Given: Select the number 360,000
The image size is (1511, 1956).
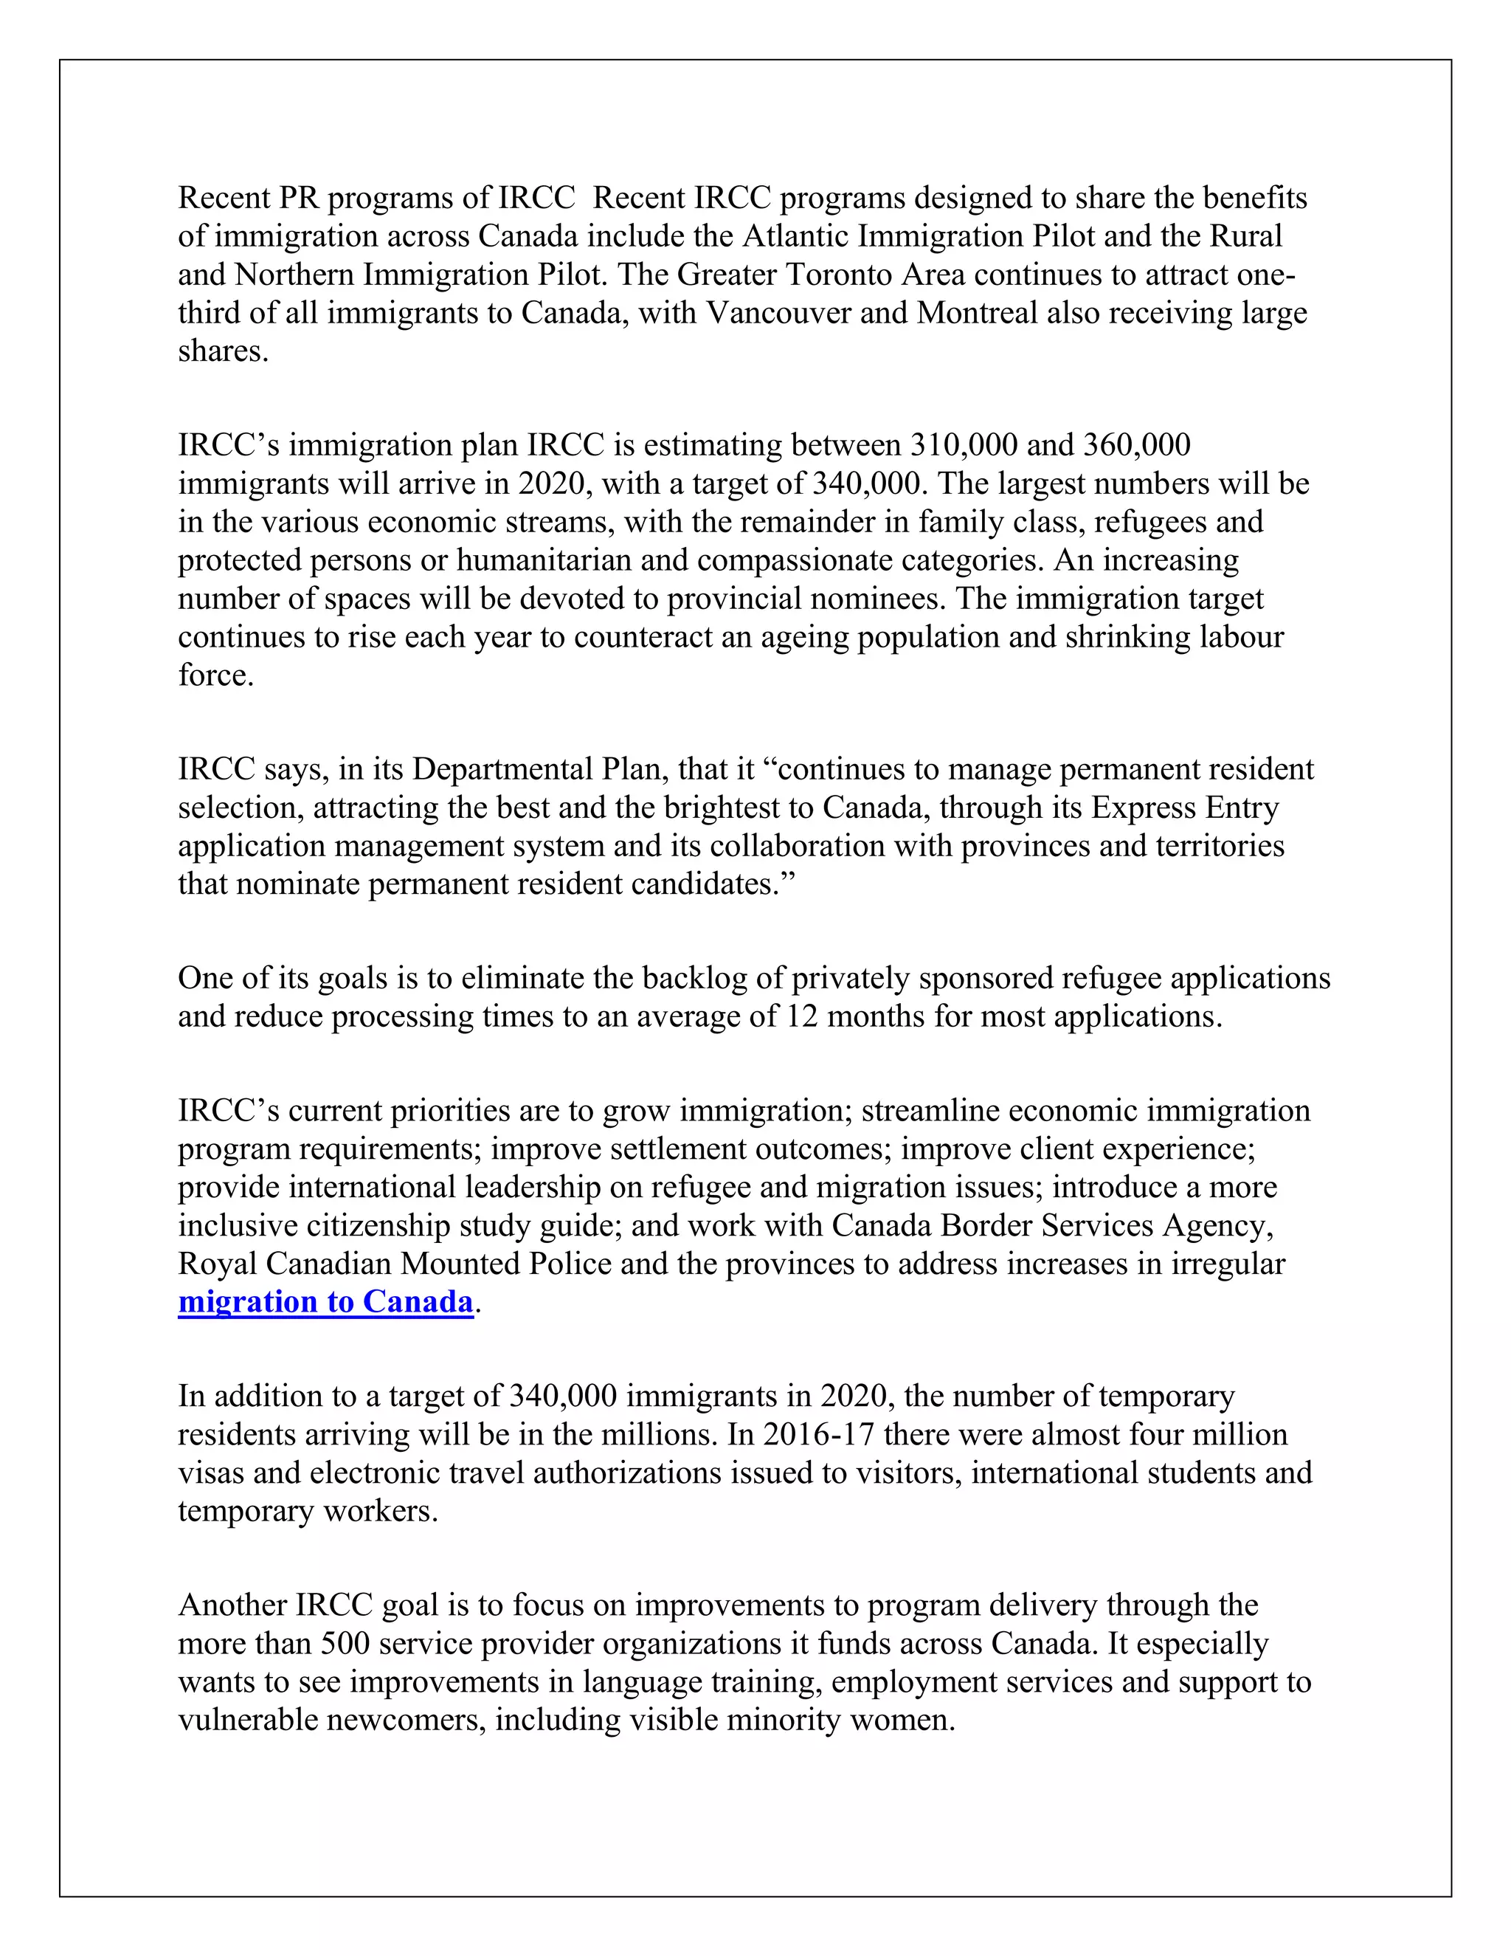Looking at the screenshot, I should [1136, 444].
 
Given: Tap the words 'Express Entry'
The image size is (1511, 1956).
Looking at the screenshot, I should [1184, 807].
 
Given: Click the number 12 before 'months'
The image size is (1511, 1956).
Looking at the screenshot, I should [802, 1016].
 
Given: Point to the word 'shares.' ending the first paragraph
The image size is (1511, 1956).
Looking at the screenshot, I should [223, 351].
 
